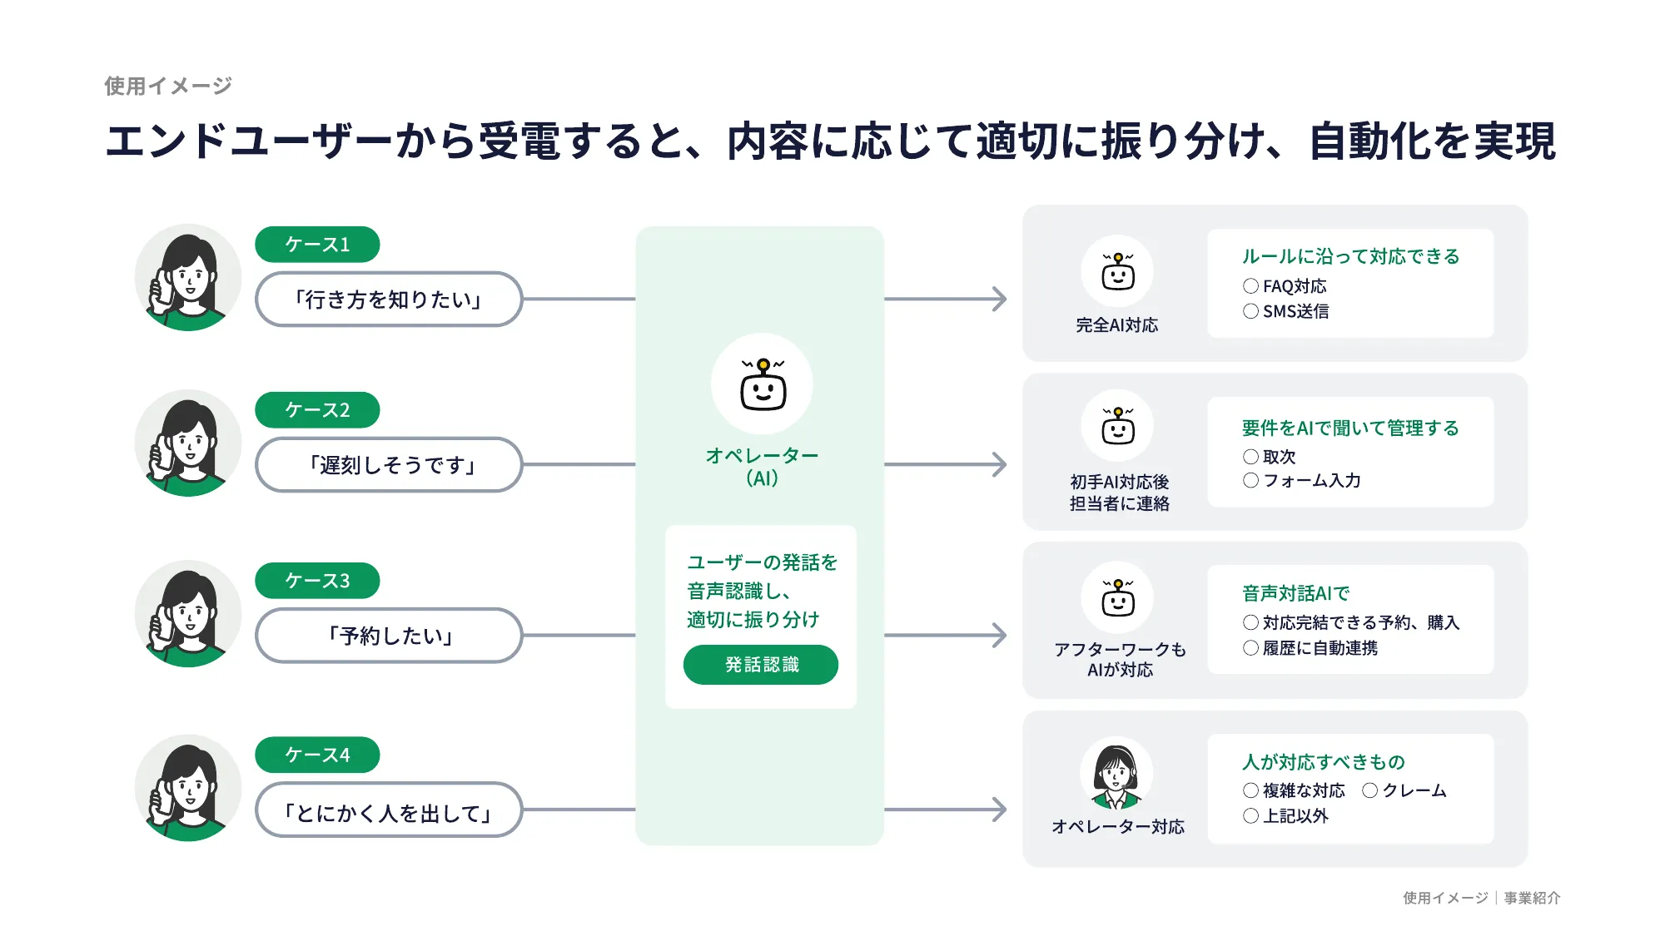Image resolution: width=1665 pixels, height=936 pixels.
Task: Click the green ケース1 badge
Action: tap(317, 244)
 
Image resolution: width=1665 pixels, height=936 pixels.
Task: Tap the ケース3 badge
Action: tap(317, 580)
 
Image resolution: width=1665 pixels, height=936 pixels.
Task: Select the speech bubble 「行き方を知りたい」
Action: tap(389, 300)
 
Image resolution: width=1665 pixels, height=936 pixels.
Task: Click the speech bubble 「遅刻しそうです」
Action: tap(389, 465)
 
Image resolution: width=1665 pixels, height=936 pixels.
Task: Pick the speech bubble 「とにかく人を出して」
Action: tap(389, 813)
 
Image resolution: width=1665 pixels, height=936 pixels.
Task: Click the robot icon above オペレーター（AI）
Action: tap(763, 385)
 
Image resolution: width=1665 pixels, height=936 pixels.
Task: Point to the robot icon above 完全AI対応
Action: tap(1117, 272)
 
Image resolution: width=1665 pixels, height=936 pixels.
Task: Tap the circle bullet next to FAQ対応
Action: tap(1250, 286)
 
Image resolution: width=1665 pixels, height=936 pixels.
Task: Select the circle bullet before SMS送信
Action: tap(1250, 311)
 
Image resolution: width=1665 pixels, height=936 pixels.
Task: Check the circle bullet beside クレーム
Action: tap(1369, 790)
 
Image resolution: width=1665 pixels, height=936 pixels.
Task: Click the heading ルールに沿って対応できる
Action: tap(1350, 256)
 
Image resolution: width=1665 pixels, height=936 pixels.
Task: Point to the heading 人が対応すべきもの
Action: tap(1323, 761)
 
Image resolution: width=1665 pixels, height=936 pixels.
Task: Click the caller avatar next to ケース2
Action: tap(188, 443)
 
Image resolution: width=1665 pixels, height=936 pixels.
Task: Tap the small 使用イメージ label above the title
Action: tap(168, 86)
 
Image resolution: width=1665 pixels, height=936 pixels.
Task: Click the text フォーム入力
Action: tap(1311, 481)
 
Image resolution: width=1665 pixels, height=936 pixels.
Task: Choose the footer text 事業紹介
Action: tap(1532, 898)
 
